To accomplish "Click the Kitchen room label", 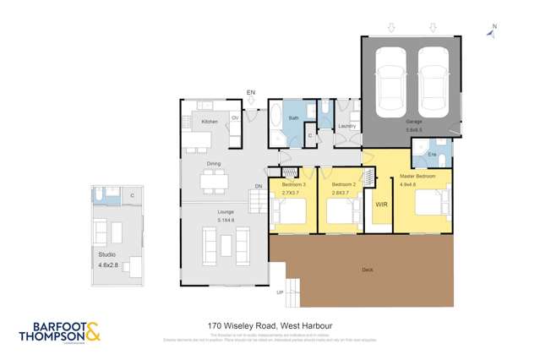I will [210, 122].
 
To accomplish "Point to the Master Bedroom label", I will [418, 177].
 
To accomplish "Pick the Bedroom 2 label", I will [343, 184].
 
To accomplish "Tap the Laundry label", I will [346, 126].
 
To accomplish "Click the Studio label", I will [106, 254].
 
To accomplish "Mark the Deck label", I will [367, 270].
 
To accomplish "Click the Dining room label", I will [214, 164].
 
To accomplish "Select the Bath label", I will [294, 118].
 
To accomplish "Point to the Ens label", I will [432, 155].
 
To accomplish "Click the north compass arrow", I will [494, 31].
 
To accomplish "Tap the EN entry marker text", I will [250, 91].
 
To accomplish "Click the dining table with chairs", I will [214, 179].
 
